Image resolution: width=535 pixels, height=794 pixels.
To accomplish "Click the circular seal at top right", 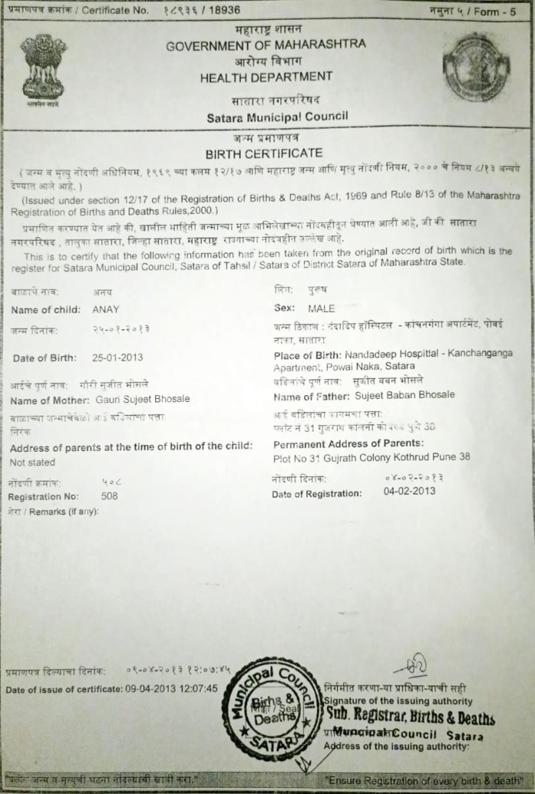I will tap(475, 66).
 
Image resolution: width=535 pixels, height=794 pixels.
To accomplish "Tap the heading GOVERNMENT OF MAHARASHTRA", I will tap(266, 44).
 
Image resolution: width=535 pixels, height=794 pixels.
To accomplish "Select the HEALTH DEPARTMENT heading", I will tap(266, 76).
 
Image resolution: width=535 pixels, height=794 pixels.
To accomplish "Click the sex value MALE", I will tap(322, 309).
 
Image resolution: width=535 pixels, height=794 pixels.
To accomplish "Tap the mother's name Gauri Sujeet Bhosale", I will tap(143, 399).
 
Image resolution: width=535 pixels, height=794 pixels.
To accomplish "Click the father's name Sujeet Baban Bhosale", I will tap(404, 395).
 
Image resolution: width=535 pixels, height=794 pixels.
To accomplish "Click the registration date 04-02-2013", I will tap(409, 491).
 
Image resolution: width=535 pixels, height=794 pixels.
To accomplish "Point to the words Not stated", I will tap(32, 462).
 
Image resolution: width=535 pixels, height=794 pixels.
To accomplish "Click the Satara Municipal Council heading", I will tap(277, 117).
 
